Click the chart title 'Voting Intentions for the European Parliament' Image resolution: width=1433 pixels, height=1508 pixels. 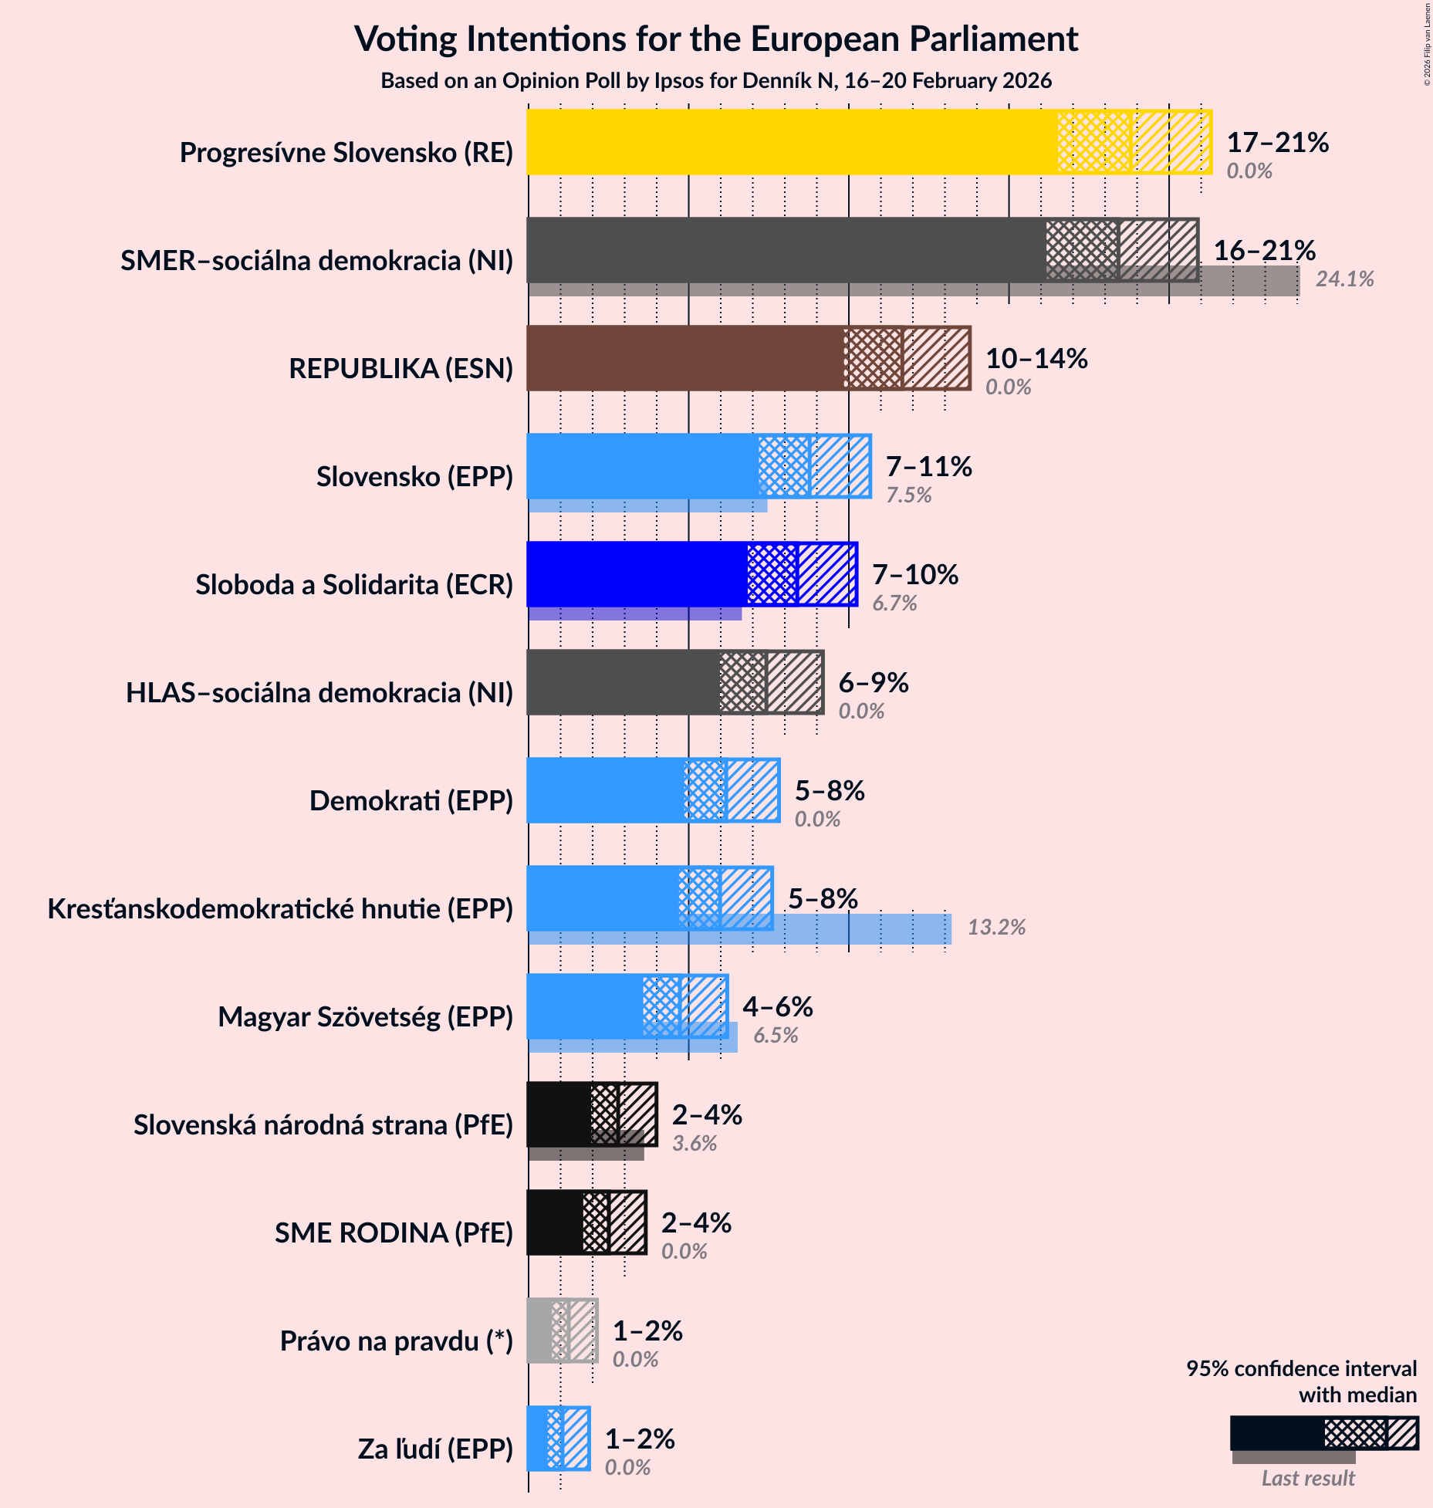[x=715, y=39]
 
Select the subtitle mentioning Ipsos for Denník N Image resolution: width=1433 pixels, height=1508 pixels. [x=715, y=81]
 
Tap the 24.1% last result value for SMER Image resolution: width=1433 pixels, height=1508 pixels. [x=1344, y=279]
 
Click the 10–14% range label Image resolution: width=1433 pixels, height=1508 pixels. [x=1036, y=358]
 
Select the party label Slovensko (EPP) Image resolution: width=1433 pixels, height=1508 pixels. [x=414, y=477]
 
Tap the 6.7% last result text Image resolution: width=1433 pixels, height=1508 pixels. [x=894, y=604]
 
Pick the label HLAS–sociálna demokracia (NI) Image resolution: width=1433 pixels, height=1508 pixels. [x=319, y=693]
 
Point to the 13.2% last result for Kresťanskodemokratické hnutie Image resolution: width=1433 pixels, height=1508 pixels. [x=996, y=928]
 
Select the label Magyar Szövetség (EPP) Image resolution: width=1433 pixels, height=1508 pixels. [x=365, y=1017]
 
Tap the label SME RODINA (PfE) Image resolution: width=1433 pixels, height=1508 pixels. [x=394, y=1233]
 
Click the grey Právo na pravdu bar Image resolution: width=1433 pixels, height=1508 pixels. [x=539, y=1330]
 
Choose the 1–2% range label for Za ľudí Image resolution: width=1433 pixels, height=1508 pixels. [x=639, y=1439]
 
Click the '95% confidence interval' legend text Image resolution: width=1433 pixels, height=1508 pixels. [x=1301, y=1368]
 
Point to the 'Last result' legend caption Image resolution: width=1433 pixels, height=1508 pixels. [x=1307, y=1478]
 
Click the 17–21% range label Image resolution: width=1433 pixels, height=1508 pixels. [x=1277, y=142]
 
